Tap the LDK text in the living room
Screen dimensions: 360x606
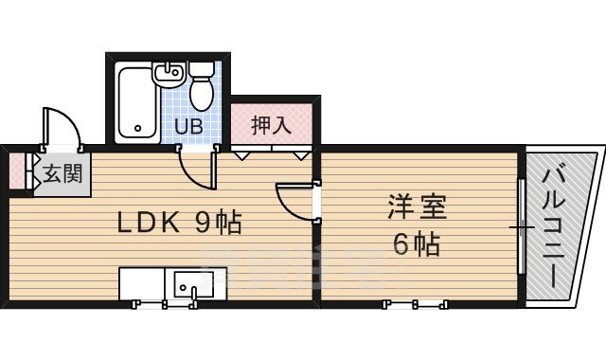[149, 223]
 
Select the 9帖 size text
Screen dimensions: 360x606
[219, 223]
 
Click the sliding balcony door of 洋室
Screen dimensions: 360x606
[520, 227]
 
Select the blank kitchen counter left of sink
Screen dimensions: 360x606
[141, 282]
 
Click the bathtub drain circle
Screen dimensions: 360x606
[137, 126]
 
